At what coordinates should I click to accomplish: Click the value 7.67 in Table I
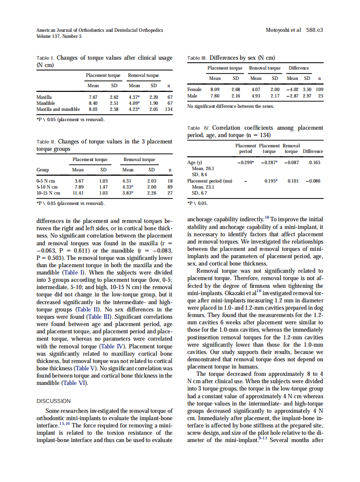pyautogui.click(x=93, y=97)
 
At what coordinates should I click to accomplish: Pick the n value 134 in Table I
pyautogui.click(x=168, y=109)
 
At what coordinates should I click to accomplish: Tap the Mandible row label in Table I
pyautogui.click(x=46, y=103)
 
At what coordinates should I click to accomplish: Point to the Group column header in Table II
pyautogui.click(x=43, y=170)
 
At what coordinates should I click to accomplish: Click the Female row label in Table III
pyautogui.click(x=195, y=90)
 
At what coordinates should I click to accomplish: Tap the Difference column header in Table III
pyautogui.click(x=299, y=68)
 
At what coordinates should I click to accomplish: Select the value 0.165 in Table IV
pyautogui.click(x=314, y=162)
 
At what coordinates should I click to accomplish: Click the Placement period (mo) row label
pyautogui.click(x=210, y=181)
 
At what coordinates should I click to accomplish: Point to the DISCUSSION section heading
pyautogui.click(x=54, y=401)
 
